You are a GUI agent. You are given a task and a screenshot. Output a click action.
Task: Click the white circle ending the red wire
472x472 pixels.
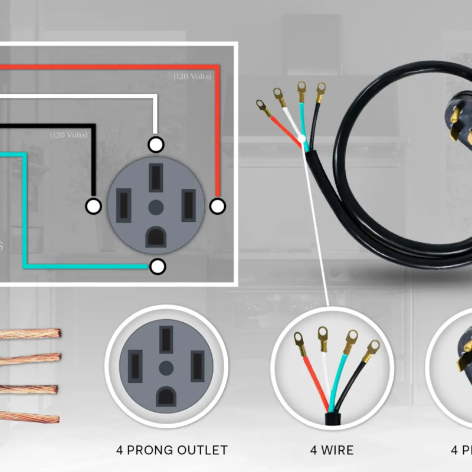[218, 206]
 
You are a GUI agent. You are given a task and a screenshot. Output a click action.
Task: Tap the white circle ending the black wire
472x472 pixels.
[93, 206]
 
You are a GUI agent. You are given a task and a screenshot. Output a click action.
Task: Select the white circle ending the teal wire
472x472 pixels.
[157, 267]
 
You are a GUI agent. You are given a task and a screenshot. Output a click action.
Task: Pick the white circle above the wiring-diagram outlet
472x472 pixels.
[156, 144]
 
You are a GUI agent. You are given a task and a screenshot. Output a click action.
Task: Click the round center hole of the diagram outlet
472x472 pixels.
[156, 206]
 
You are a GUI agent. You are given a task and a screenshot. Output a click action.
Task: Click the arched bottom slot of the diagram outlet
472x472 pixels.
[156, 237]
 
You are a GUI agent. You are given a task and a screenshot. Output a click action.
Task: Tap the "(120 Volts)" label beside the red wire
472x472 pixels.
[192, 77]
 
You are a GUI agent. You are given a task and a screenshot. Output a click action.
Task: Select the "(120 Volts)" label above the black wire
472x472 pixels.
[68, 136]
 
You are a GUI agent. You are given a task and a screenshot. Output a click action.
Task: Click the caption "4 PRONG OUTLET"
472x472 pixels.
[172, 450]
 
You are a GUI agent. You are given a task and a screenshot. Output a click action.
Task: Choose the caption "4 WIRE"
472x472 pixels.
[332, 450]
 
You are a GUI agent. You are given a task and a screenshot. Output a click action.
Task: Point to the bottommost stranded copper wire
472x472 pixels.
[29, 416]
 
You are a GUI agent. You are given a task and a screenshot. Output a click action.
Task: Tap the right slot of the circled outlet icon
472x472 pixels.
[197, 366]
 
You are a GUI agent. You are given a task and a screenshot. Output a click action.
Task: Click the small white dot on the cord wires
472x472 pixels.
[302, 140]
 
